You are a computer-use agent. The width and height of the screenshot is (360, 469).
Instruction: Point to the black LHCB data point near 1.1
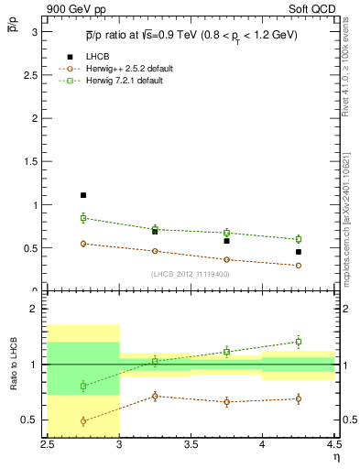click(83, 195)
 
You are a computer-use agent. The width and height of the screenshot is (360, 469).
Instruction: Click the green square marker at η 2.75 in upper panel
click(83, 218)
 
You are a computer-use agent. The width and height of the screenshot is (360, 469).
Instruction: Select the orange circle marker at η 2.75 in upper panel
click(83, 244)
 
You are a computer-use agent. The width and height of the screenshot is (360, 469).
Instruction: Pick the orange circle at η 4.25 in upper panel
click(299, 266)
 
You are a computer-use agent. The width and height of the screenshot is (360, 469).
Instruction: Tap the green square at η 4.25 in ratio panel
click(299, 342)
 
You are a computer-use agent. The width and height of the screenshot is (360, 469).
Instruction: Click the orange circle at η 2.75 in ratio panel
click(83, 421)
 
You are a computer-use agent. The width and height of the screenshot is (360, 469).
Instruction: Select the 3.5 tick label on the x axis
click(191, 444)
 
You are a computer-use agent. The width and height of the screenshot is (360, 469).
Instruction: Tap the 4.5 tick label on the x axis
click(333, 444)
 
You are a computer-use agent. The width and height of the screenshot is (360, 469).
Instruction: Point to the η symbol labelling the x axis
click(336, 456)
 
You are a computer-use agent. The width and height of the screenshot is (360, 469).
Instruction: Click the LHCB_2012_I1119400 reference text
click(191, 274)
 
